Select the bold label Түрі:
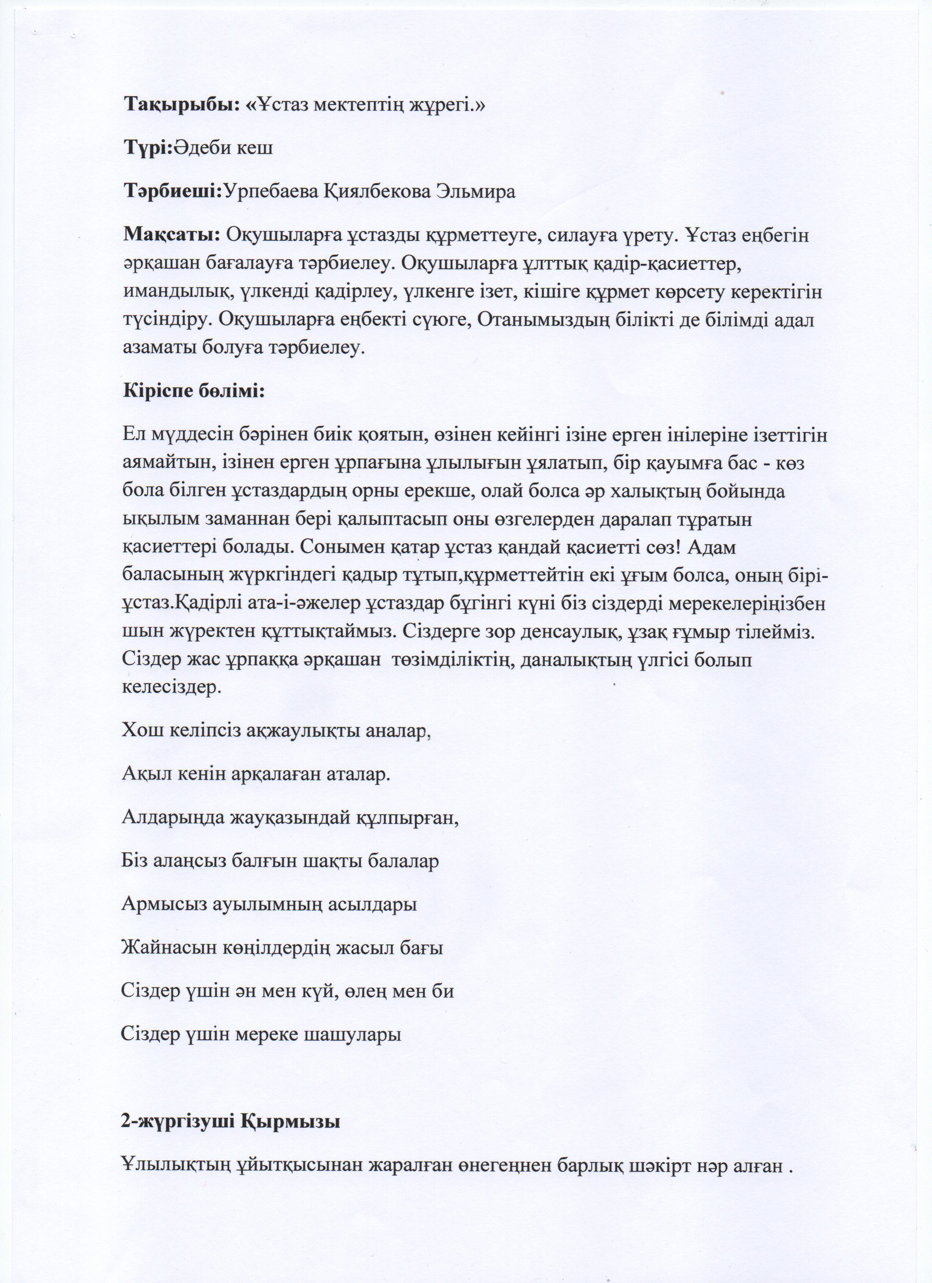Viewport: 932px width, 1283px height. [x=148, y=148]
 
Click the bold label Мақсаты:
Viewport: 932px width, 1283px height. [x=171, y=235]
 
